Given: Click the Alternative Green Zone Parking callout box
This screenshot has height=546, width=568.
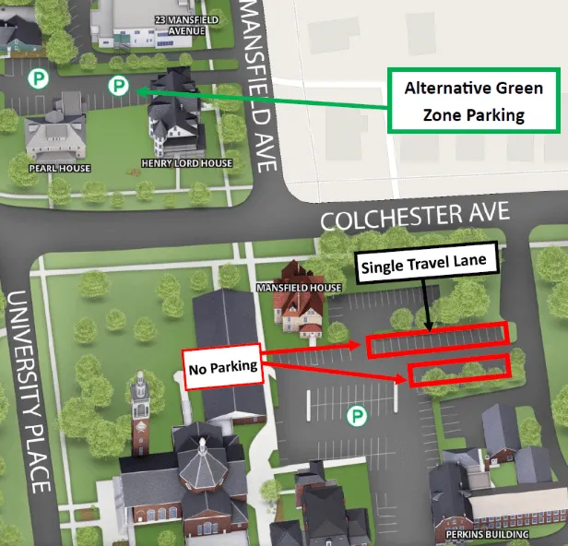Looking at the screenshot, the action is [473, 101].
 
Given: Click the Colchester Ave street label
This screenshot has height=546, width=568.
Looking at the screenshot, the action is [414, 217].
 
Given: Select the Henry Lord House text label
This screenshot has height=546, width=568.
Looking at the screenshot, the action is [186, 163].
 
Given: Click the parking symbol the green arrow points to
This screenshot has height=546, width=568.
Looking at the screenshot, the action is [118, 87].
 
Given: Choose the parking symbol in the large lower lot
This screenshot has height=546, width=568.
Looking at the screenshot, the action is [357, 417].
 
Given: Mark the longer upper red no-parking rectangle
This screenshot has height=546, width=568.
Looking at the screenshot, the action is [437, 340].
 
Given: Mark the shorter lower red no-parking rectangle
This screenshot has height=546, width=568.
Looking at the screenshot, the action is [459, 370].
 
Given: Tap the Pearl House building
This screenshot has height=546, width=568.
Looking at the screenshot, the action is [55, 136].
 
